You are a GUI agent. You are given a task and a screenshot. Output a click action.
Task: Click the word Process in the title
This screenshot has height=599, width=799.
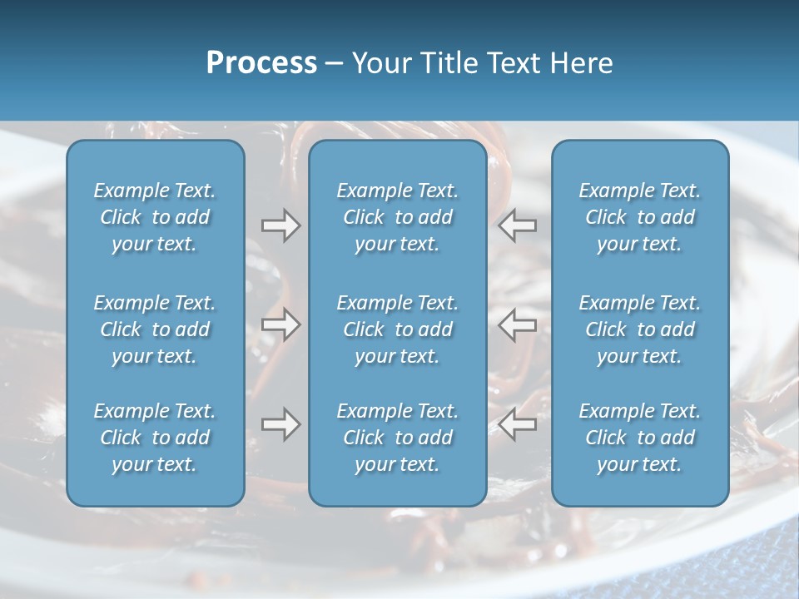coord(261,63)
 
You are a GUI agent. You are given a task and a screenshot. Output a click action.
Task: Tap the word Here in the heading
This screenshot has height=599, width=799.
coord(580,63)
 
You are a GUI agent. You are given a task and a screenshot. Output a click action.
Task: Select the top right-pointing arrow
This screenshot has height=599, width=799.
coord(281,225)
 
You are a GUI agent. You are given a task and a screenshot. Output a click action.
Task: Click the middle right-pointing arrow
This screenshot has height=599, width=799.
coord(281,324)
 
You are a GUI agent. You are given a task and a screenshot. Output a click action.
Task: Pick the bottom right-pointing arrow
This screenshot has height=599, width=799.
coord(281,424)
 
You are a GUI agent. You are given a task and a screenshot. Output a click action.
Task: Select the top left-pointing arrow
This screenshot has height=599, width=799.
coord(518,225)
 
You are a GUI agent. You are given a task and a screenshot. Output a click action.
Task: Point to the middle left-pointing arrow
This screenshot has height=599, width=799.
coord(518,324)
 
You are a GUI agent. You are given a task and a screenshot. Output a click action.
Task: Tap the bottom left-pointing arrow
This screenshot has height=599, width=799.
coord(518,424)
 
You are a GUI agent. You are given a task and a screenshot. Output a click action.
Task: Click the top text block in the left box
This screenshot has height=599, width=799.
coord(155,217)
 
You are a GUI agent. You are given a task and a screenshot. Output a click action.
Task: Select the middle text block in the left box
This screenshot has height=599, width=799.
coord(155,329)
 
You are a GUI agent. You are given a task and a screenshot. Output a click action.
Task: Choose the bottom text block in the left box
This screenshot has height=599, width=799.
coord(155,438)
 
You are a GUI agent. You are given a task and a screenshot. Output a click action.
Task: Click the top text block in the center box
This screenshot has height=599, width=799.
coord(397,217)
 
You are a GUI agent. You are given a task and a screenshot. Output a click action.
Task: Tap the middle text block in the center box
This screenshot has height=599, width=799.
coord(397,329)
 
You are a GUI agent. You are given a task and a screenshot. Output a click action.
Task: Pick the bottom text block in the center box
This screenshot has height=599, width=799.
coord(397,438)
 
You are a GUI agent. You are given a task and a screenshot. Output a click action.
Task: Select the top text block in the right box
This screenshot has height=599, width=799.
coord(640,217)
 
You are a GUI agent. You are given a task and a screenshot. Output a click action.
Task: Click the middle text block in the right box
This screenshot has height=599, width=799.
coord(640,329)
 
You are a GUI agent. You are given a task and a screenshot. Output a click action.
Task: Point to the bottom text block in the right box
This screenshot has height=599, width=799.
coord(640,438)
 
